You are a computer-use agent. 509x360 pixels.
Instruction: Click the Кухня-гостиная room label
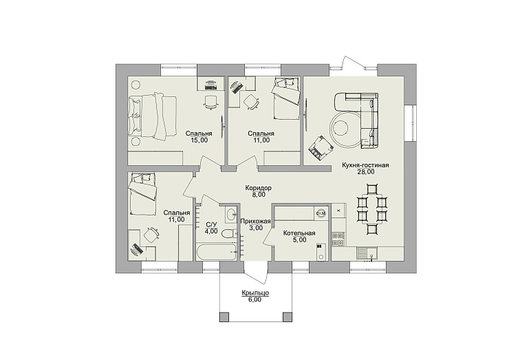click(x=365, y=165)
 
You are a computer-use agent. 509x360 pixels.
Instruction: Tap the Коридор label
click(x=259, y=188)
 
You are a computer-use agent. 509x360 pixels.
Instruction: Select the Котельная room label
click(x=299, y=233)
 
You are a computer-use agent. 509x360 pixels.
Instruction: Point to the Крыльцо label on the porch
click(x=255, y=293)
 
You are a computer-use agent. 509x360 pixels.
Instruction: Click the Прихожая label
click(x=255, y=221)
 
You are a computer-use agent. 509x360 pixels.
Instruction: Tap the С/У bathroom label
click(x=211, y=224)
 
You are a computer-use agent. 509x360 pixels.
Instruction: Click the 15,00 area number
click(x=199, y=140)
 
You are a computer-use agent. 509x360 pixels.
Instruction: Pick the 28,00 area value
click(x=366, y=172)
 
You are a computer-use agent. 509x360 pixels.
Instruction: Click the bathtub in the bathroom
click(x=216, y=252)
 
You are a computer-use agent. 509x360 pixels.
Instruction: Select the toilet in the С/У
click(x=229, y=233)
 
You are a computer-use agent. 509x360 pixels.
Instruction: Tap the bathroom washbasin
click(x=231, y=214)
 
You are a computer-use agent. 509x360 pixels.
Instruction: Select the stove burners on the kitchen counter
click(x=338, y=239)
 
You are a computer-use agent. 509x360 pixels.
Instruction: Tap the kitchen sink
click(x=367, y=253)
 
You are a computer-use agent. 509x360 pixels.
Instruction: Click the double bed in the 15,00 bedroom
click(x=153, y=116)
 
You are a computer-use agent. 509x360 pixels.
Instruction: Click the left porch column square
click(x=224, y=317)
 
